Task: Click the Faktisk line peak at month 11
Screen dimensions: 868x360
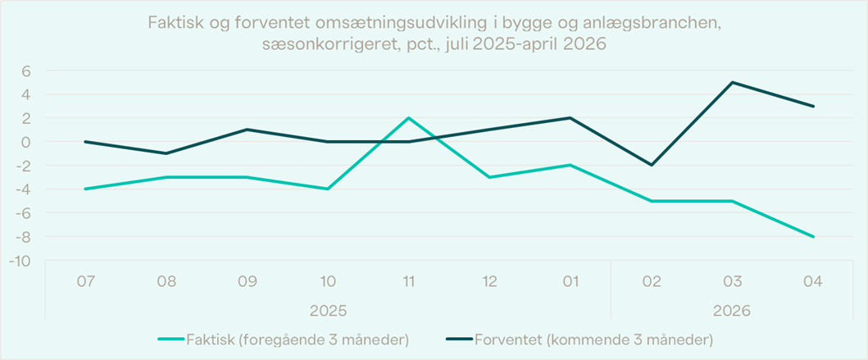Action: click(408, 118)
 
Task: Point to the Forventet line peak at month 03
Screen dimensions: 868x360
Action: click(733, 83)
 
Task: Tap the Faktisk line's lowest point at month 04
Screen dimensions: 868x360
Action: click(814, 236)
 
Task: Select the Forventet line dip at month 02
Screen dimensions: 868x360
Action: click(652, 165)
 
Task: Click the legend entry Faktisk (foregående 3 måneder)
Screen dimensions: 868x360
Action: click(283, 339)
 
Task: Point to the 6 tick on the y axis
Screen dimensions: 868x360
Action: click(25, 71)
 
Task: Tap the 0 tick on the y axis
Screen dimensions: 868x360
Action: click(25, 142)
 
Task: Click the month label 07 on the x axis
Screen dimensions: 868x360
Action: click(85, 282)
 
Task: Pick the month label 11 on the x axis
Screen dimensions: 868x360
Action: click(408, 282)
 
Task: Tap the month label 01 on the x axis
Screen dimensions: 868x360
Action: click(570, 282)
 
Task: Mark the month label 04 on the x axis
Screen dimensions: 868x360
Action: click(814, 282)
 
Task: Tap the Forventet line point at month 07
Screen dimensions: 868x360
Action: click(85, 142)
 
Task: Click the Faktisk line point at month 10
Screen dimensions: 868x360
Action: click(328, 189)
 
